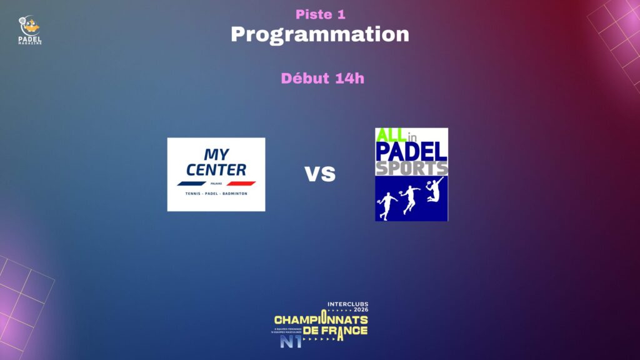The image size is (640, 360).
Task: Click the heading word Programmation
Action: click(x=319, y=34)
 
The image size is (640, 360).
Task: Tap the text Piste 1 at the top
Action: click(x=320, y=14)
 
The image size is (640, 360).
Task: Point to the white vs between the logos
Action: click(x=319, y=174)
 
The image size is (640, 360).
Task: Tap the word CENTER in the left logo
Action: click(x=216, y=169)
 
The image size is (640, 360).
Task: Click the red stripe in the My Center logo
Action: click(x=241, y=183)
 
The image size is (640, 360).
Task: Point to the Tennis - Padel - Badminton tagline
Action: click(x=216, y=194)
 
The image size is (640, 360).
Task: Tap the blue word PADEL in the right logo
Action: click(x=411, y=151)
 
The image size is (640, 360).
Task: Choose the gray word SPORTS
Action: click(x=411, y=168)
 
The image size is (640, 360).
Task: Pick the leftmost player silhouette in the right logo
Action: click(x=387, y=205)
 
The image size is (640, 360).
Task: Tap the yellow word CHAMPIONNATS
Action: click(x=321, y=320)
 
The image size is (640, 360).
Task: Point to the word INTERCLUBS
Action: click(x=347, y=304)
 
